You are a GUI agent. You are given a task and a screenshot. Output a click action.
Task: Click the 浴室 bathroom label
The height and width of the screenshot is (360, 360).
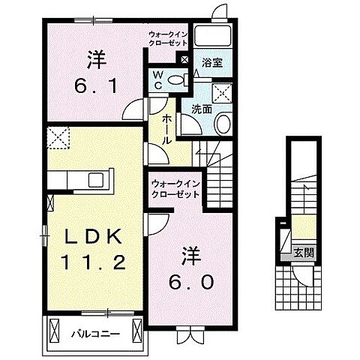point(212,63)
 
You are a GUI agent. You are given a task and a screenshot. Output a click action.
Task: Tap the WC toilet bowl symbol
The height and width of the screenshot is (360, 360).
point(175,79)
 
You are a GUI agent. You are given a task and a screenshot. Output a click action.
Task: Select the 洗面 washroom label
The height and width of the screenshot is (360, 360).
point(202,109)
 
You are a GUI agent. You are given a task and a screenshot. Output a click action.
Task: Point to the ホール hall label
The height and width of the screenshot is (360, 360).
point(166,130)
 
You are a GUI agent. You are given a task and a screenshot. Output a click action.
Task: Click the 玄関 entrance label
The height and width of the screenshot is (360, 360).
point(304,253)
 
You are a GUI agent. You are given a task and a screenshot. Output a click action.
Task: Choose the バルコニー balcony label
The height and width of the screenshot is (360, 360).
point(96,334)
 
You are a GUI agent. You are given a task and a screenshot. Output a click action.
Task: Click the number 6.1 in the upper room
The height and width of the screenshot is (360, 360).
point(96,86)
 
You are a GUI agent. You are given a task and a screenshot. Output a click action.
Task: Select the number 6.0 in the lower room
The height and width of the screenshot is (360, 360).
point(191,282)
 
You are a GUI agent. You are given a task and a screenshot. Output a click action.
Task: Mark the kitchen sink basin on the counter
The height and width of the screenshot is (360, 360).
point(96,180)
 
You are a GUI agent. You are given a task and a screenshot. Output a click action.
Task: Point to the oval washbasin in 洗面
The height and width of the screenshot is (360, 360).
point(223,124)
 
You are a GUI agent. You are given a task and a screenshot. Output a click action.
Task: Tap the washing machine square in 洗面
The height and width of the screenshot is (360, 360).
point(222,93)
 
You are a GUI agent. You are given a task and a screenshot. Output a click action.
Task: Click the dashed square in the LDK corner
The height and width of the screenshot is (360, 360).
point(58,138)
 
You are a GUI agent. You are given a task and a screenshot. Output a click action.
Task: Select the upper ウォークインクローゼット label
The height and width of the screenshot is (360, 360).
point(168,38)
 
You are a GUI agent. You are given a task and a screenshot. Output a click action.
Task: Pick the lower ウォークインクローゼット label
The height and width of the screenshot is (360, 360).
point(175,189)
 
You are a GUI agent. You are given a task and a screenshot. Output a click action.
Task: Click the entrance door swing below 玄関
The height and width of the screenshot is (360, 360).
point(302,276)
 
